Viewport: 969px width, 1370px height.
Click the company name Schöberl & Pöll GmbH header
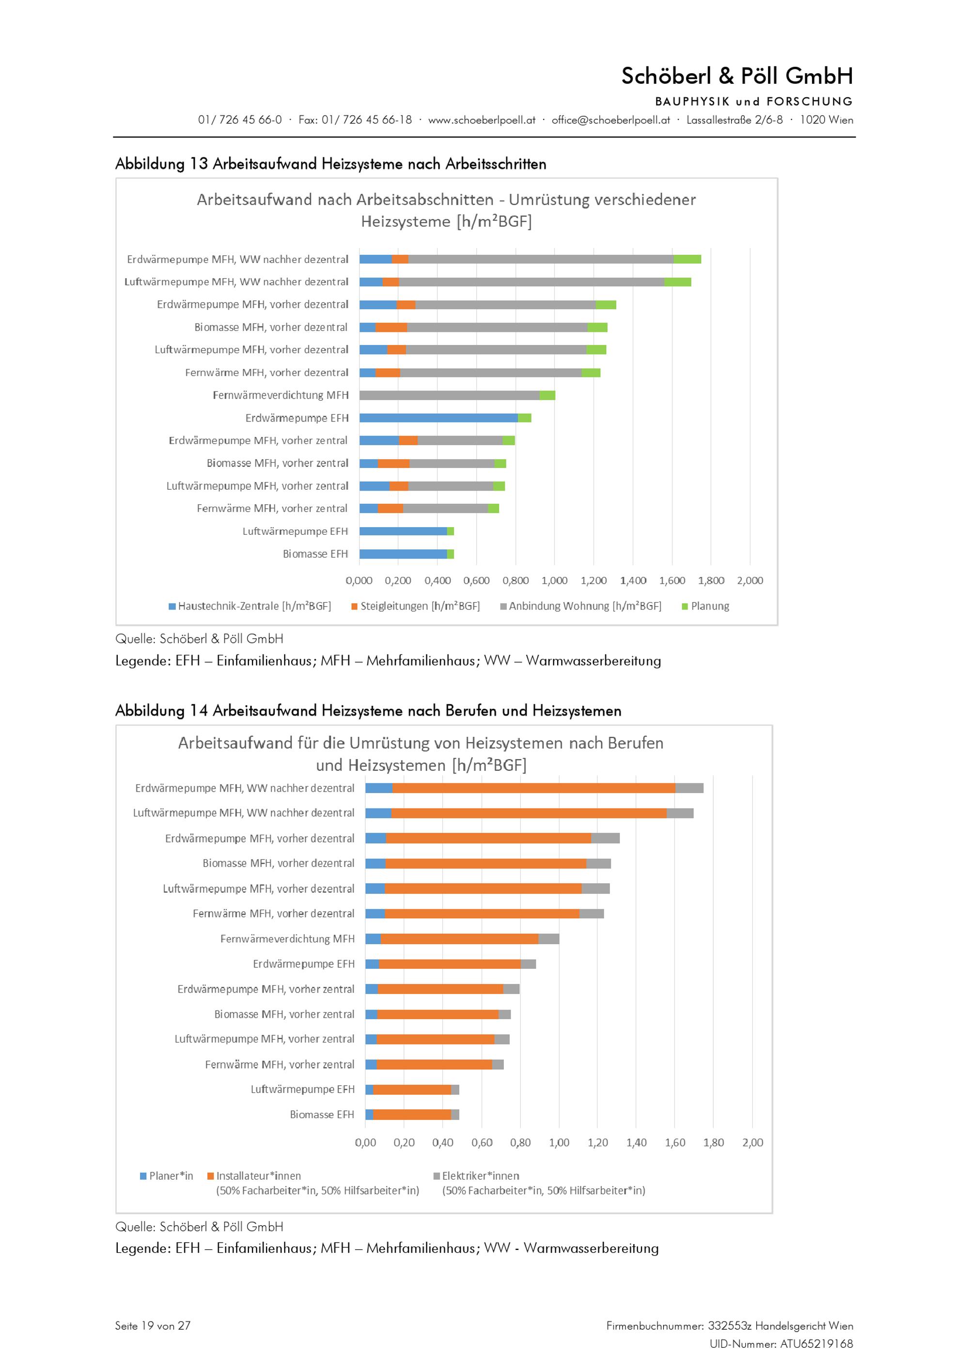[x=736, y=77]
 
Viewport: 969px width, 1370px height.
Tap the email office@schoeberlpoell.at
[x=610, y=120]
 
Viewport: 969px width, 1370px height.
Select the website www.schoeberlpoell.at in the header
[x=482, y=120]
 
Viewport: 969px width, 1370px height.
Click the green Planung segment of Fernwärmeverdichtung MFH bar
[x=547, y=395]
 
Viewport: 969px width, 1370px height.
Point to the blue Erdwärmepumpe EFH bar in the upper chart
[x=438, y=418]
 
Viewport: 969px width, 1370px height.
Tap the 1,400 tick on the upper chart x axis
[x=633, y=580]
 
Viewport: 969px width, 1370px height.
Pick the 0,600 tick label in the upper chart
[x=476, y=580]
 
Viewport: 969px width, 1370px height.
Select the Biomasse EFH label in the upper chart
[x=315, y=554]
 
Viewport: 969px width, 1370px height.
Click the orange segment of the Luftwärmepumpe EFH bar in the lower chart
[x=412, y=1090]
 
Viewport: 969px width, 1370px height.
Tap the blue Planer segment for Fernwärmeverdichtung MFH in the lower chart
[x=373, y=939]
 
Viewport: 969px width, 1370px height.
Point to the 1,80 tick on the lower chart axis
[x=714, y=1143]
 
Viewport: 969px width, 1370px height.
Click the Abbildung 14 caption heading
[x=368, y=711]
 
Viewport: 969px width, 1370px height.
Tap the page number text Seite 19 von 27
[x=153, y=1326]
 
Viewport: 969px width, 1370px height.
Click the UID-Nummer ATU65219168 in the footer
[x=781, y=1344]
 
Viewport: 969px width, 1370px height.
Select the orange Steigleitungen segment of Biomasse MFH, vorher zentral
[x=394, y=463]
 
